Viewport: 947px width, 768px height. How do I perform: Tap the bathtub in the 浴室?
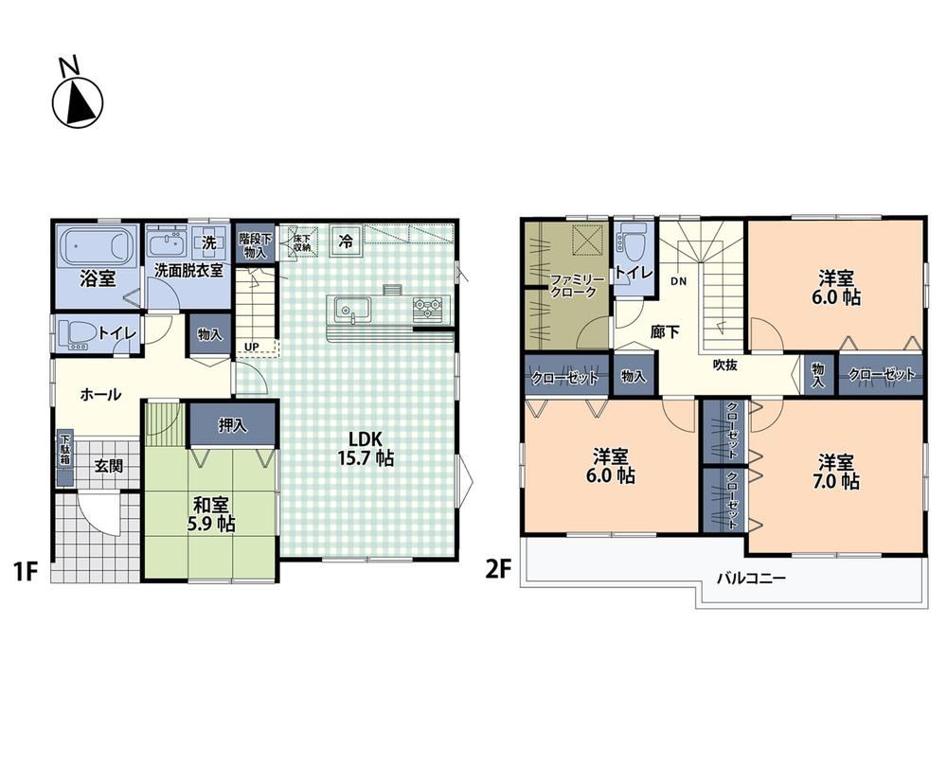98,246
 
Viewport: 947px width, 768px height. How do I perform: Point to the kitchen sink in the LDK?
346,311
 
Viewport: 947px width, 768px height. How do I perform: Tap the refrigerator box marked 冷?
346,241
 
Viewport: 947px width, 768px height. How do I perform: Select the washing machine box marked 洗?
208,242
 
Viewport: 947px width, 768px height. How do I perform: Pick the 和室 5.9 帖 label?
211,514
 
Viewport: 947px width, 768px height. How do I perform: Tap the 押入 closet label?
233,425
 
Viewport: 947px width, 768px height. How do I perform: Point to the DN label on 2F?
678,281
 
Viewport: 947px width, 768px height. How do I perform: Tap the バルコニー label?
751,579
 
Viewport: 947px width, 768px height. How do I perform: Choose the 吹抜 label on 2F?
724,365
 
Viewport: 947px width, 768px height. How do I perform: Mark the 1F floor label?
26,571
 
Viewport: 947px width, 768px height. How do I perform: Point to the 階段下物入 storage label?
255,244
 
